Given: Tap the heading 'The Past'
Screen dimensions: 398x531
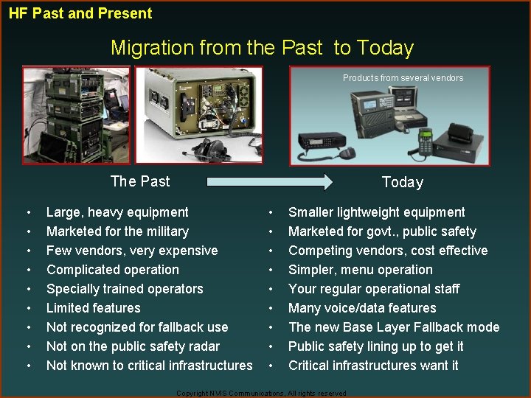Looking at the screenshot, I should point(139,181).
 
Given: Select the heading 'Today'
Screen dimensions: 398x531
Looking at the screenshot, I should point(402,182).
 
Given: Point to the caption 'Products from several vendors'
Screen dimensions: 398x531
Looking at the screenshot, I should point(403,78).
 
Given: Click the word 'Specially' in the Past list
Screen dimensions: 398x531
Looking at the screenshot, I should point(72,289).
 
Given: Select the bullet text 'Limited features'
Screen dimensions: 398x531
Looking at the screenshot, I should point(93,308).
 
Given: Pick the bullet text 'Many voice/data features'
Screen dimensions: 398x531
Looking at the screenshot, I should point(362,308).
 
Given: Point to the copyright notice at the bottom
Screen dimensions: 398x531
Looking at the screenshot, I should point(261,394).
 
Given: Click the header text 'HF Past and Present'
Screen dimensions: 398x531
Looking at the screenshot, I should point(80,13).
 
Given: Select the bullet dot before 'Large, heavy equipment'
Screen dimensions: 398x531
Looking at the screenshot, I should point(28,212).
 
